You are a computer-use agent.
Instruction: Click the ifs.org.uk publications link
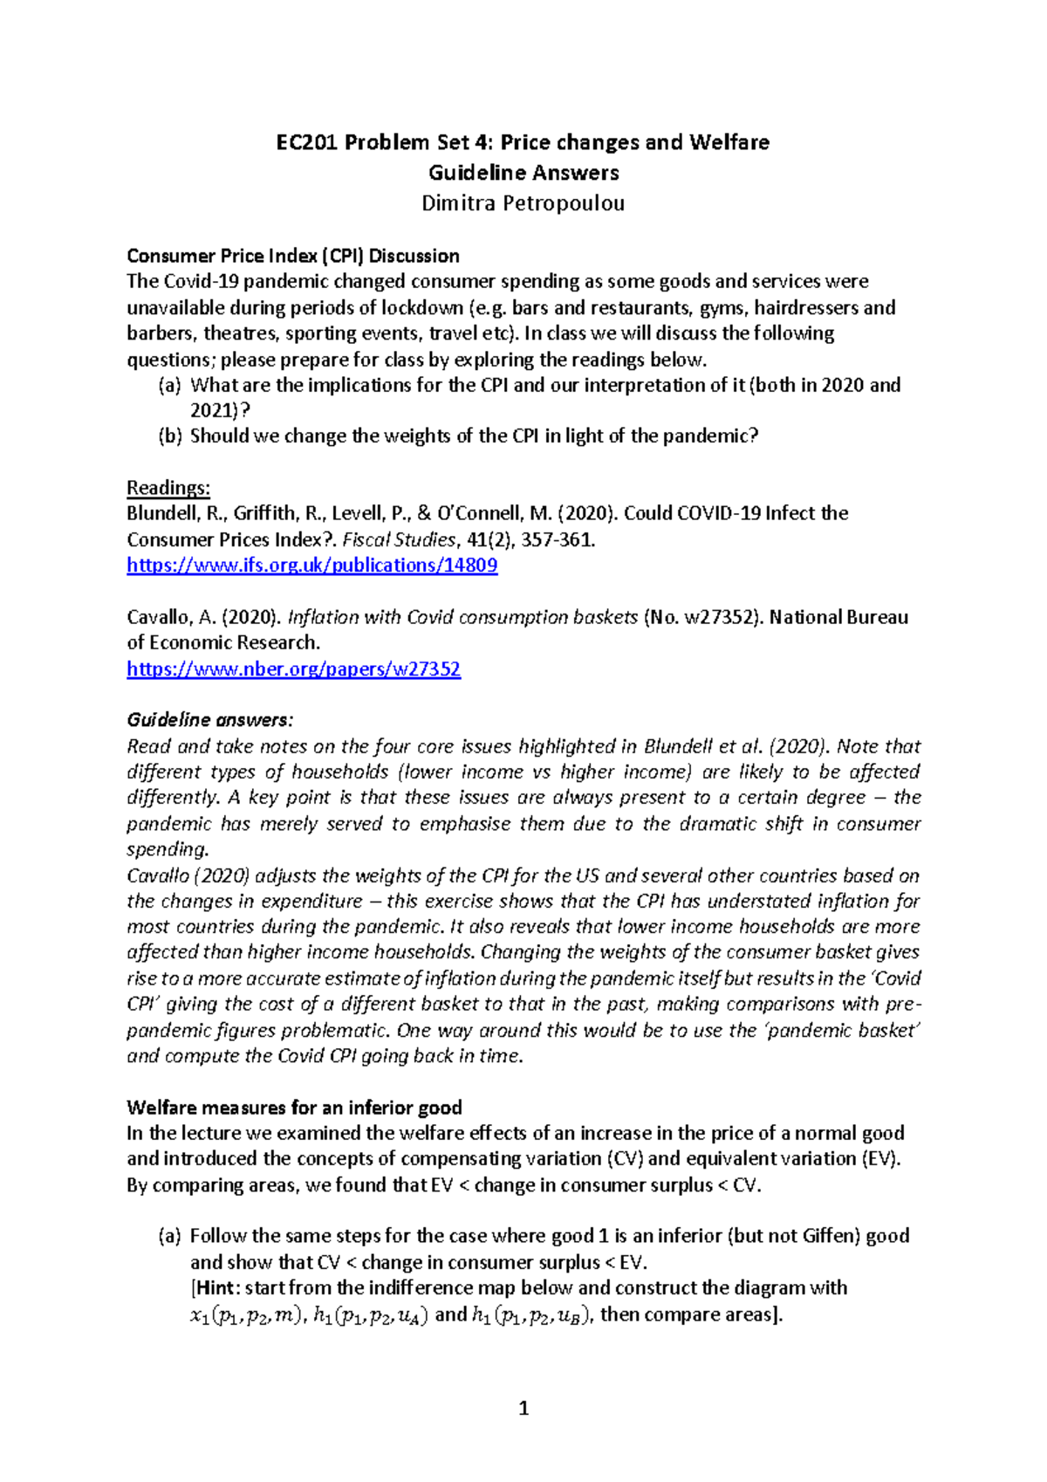click(x=312, y=566)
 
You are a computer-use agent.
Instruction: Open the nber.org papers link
click(x=293, y=669)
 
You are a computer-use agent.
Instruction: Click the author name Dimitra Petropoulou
click(x=523, y=203)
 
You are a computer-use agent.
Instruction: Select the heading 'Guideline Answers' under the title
click(x=523, y=173)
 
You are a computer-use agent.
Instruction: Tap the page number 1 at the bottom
click(x=523, y=1408)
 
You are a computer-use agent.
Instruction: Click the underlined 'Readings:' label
click(x=168, y=488)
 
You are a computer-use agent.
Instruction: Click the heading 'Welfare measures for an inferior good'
click(x=294, y=1108)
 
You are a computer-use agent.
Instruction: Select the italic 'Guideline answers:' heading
click(x=210, y=720)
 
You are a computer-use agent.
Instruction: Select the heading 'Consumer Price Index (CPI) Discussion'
click(x=293, y=256)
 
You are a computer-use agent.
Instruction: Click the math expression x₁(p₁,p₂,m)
click(x=246, y=1315)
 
